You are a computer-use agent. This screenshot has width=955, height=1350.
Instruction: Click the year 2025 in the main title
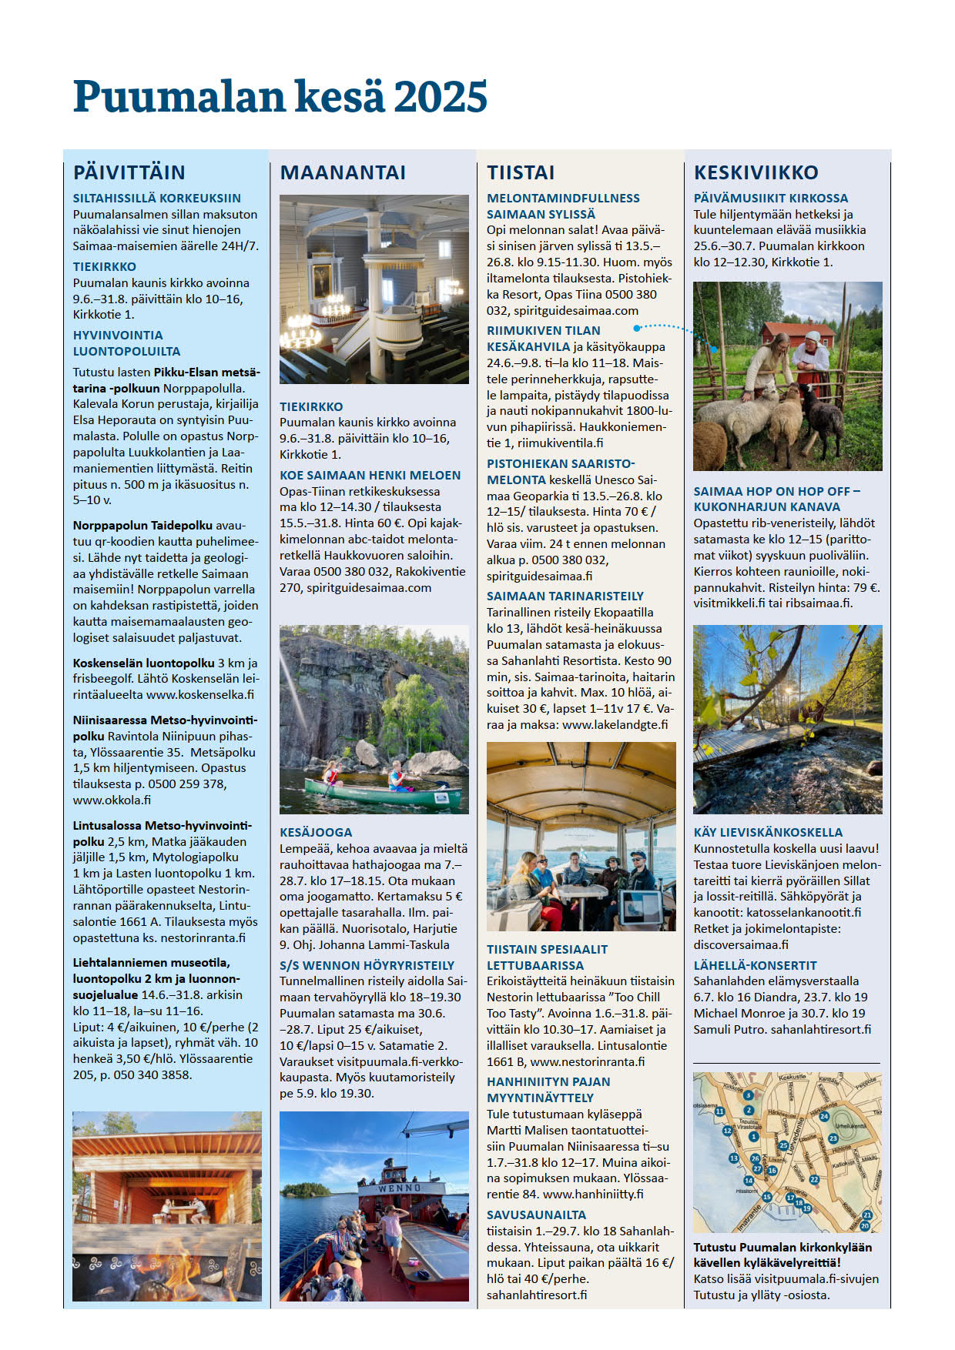point(440,98)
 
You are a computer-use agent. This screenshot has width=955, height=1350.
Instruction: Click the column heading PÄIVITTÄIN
point(129,172)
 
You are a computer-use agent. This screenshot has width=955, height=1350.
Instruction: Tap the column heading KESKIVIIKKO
point(756,172)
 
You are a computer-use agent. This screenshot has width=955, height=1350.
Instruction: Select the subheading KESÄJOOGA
point(316,832)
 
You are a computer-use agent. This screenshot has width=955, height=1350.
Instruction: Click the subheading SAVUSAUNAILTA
point(537,1215)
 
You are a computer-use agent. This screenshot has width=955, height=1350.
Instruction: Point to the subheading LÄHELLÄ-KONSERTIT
point(756,965)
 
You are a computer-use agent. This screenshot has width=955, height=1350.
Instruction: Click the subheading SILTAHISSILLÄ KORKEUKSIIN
point(157,198)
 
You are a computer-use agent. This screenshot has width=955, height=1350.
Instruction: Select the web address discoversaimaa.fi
point(741,944)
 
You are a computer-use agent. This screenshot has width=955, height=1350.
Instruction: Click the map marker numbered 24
point(824,1116)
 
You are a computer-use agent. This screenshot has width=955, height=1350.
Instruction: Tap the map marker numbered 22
point(814,1179)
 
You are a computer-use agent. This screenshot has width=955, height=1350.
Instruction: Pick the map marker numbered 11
point(719,1111)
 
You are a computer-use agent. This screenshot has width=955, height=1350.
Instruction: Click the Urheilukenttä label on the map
point(850,1126)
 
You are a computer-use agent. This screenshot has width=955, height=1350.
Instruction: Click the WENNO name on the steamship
point(400,1188)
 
